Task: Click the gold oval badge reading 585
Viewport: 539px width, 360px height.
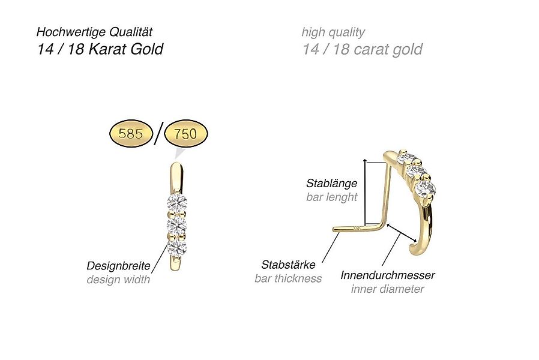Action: [130, 134]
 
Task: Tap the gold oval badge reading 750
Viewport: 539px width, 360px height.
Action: [185, 134]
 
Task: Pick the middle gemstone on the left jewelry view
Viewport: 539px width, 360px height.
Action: [176, 226]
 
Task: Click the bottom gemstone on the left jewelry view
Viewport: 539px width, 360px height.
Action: [176, 247]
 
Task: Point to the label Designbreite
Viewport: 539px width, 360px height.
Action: [118, 265]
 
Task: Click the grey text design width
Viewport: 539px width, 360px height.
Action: [118, 279]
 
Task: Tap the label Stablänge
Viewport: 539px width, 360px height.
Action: [331, 183]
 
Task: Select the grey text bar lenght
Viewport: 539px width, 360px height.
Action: [331, 197]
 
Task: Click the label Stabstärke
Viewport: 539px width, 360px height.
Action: [288, 264]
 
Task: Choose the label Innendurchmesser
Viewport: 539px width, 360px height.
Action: [388, 275]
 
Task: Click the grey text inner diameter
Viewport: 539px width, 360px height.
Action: [388, 289]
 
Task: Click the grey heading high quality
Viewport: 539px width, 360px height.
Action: [333, 32]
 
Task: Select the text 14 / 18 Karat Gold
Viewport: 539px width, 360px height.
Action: [100, 49]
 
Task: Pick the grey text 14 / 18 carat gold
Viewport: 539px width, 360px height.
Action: [363, 49]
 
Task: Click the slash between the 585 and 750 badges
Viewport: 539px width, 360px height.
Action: [157, 133]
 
